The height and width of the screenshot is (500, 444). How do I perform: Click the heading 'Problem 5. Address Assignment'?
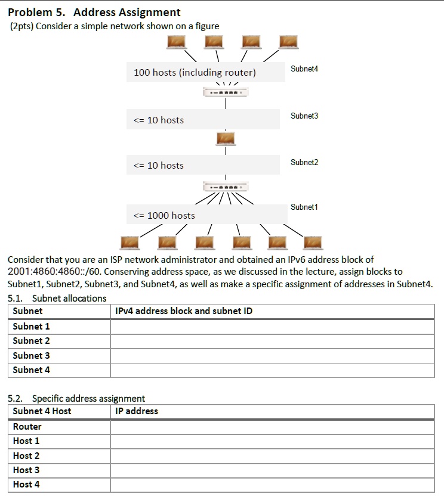[94, 12]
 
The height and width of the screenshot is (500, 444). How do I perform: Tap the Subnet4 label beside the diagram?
[304, 69]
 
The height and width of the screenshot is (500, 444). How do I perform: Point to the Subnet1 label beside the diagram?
[304, 207]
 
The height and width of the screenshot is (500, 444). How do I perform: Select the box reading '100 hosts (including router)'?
[205, 72]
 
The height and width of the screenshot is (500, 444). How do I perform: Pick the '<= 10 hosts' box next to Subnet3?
[202, 120]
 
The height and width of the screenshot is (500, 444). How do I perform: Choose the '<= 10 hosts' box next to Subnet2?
[202, 165]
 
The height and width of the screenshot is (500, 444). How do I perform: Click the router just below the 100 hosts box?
[225, 93]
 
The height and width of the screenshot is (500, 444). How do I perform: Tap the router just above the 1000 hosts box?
[225, 186]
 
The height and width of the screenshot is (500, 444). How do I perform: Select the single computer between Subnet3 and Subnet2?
[226, 139]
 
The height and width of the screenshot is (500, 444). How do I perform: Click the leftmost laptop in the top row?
[177, 42]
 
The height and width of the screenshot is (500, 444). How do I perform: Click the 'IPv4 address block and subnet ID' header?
[184, 311]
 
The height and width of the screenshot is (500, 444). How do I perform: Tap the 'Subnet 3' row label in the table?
[32, 356]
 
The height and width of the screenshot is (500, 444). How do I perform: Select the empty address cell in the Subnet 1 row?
[272, 327]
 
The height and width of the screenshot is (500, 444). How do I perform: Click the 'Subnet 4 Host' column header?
[42, 411]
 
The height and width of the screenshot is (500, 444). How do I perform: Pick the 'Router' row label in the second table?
[27, 427]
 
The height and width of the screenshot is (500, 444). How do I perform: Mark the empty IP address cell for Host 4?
[272, 485]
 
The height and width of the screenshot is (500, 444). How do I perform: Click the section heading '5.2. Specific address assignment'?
[76, 398]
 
